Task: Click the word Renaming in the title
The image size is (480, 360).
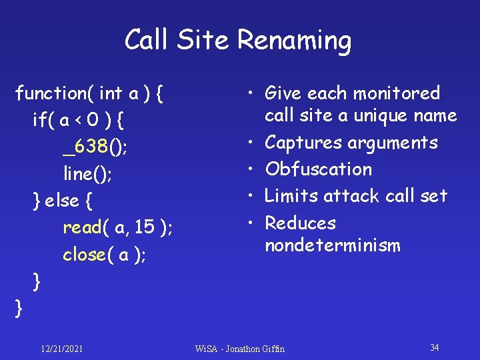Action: click(x=294, y=41)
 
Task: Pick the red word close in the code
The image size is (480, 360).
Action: click(x=84, y=255)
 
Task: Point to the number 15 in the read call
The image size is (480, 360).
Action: click(x=145, y=228)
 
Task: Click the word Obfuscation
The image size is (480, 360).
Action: click(x=318, y=169)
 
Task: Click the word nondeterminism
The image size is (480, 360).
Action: click(x=333, y=245)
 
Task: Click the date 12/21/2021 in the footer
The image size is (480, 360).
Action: click(x=61, y=348)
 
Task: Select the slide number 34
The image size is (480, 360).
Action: click(x=434, y=347)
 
